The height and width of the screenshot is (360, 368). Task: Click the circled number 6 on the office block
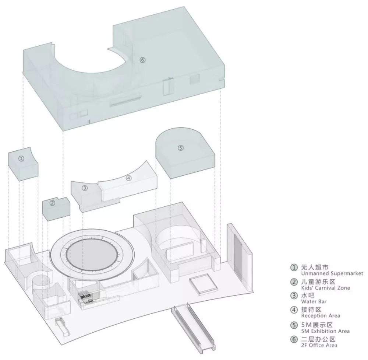click(x=142, y=60)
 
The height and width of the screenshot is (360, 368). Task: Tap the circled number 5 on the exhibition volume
click(x=180, y=148)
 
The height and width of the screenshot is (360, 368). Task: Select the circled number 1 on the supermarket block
click(x=21, y=158)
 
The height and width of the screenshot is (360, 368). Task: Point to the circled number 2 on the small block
click(x=52, y=203)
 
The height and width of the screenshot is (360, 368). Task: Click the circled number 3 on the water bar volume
click(x=85, y=188)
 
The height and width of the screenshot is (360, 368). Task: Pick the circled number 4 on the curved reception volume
click(x=128, y=178)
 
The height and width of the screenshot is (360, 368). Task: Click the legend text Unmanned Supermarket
click(x=332, y=273)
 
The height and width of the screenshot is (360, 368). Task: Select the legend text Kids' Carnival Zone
click(x=326, y=288)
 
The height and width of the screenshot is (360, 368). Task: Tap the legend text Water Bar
click(x=314, y=301)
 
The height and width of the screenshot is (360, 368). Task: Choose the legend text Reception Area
click(x=321, y=315)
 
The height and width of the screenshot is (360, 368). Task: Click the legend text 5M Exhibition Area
click(x=325, y=331)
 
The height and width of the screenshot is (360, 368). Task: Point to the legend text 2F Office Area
click(x=319, y=345)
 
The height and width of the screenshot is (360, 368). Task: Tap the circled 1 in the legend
click(x=294, y=268)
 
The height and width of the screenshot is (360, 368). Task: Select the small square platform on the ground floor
click(x=204, y=285)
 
